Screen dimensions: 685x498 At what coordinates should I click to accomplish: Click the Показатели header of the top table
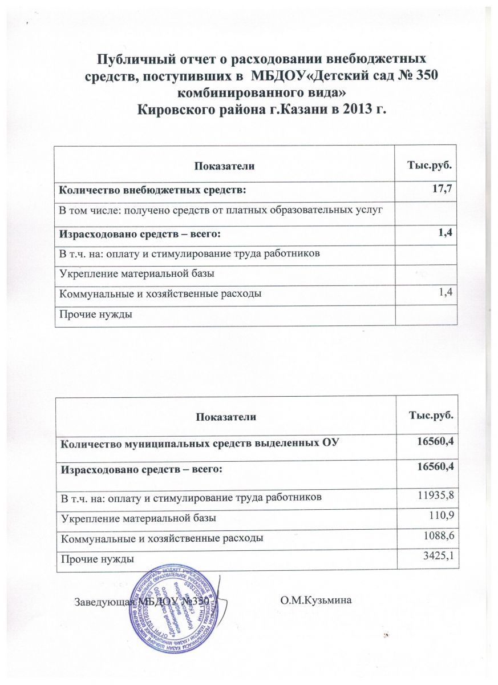(x=224, y=165)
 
